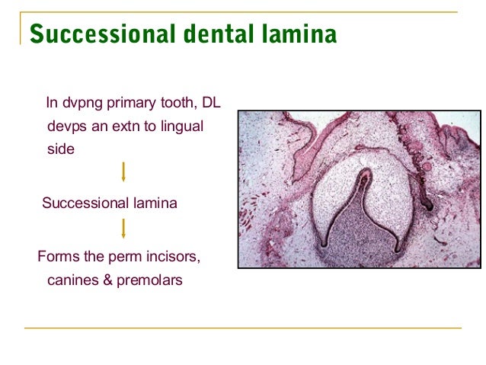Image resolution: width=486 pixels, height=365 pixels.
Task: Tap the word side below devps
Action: click(x=61, y=149)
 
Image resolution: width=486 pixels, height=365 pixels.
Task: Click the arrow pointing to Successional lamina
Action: click(x=123, y=173)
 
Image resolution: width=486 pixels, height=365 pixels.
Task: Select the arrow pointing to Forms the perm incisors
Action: click(x=123, y=228)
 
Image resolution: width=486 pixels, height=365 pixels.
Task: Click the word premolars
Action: click(x=150, y=280)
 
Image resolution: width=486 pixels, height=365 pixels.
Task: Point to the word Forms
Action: click(x=56, y=256)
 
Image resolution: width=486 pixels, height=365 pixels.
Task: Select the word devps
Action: click(x=66, y=126)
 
